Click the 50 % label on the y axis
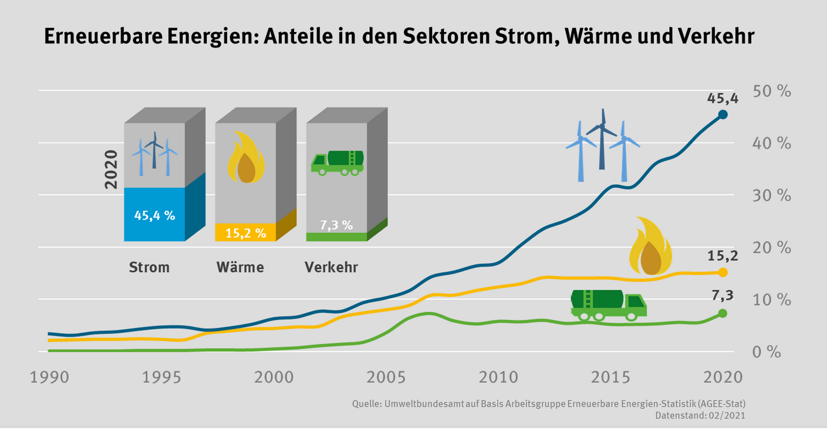772,91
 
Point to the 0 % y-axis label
767,352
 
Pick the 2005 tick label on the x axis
386,377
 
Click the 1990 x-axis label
49,377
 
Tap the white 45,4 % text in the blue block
154,216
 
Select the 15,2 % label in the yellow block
245,233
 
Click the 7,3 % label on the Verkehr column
336,225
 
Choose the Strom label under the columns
149,267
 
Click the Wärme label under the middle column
240,267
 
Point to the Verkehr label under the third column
331,267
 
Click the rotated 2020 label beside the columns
111,170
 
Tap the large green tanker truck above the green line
608,304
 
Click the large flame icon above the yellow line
650,247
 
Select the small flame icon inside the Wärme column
245,158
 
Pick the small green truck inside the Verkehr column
337,163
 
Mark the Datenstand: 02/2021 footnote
700,416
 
